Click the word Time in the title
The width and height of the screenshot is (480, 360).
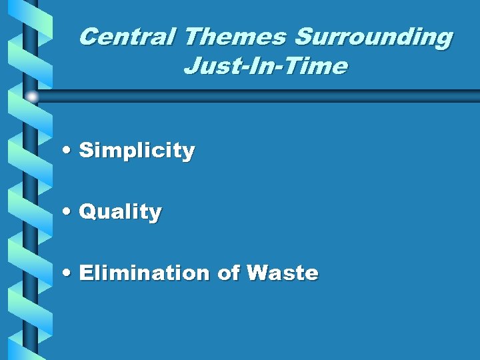pos(319,67)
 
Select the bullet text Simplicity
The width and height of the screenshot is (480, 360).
pos(137,151)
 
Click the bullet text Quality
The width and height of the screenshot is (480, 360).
pos(120,212)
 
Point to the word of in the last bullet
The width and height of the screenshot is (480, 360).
pos(228,273)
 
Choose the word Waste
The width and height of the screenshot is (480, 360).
pos(282,273)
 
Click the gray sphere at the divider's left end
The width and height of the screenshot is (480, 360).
pos(32,97)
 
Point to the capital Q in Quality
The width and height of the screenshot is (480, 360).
pos(87,212)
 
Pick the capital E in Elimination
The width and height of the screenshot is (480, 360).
pos(85,273)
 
